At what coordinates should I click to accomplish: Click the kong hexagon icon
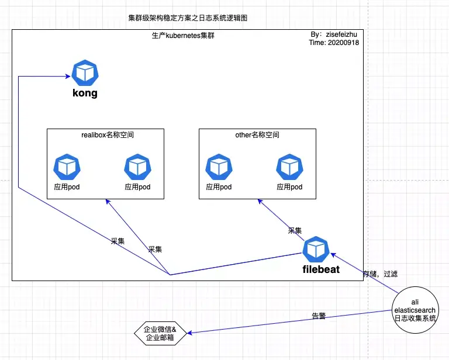(x=85, y=73)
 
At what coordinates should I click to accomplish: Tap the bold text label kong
(x=85, y=93)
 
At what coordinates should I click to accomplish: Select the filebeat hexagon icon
(x=316, y=250)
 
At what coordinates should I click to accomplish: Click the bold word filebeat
(x=320, y=270)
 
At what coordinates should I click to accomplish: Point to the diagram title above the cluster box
(x=187, y=18)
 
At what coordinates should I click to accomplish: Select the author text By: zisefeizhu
(x=334, y=35)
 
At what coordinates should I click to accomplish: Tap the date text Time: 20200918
(x=334, y=43)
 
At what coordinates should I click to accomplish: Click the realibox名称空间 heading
(x=106, y=135)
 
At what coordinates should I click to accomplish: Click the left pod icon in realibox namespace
(x=67, y=167)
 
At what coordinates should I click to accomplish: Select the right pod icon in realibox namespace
(x=137, y=167)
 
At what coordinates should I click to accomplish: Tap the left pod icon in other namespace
(x=219, y=167)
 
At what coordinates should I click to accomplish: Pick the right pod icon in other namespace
(x=289, y=167)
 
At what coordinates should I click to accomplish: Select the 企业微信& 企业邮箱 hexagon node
(x=160, y=333)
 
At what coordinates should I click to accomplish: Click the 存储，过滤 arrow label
(x=380, y=274)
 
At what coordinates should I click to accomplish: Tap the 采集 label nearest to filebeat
(x=295, y=230)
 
